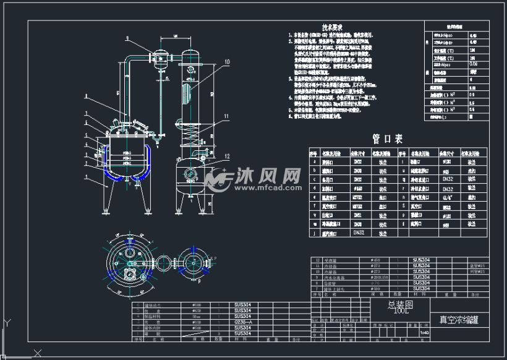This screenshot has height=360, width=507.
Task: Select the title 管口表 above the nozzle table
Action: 388,139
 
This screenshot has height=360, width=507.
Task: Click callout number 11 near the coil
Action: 226,116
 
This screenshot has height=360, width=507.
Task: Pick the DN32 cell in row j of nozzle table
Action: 359,234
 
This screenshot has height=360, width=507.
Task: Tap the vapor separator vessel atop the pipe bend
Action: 163,57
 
